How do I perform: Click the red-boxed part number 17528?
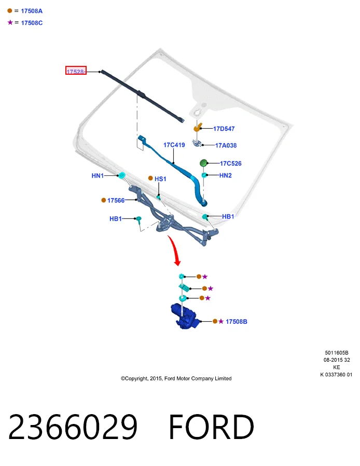[x=76, y=71]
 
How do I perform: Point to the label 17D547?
[x=224, y=129]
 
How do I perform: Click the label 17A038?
[x=226, y=145]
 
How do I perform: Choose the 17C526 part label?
[x=230, y=163]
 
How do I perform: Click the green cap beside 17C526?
[x=203, y=163]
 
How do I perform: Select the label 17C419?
[x=174, y=145]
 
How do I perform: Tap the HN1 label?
[x=98, y=175]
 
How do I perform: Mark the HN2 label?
[x=226, y=175]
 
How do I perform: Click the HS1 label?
[x=160, y=179]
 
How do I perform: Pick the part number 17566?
[x=116, y=201]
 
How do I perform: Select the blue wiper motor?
[x=185, y=317]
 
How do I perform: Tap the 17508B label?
[x=237, y=322]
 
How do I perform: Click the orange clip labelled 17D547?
[x=197, y=127]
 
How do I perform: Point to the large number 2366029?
[x=73, y=427]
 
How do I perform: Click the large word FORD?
[x=211, y=427]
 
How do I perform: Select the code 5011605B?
[x=337, y=353]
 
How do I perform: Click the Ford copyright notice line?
[x=176, y=378]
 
